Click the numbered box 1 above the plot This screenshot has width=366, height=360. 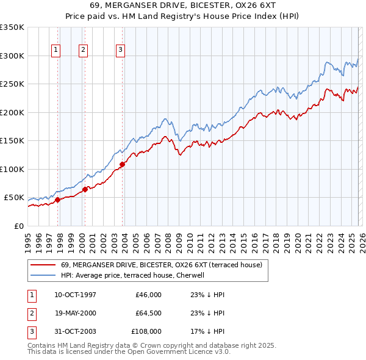(x=56, y=50)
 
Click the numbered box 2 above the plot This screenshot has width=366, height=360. (x=82, y=50)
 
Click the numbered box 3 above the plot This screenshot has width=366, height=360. (x=120, y=50)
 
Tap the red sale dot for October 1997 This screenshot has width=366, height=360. (x=57, y=200)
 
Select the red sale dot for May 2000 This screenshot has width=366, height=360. (x=85, y=189)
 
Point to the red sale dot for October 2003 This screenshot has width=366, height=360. (x=122, y=164)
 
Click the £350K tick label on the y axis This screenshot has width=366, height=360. (x=12, y=27)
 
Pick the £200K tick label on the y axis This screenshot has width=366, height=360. (x=12, y=112)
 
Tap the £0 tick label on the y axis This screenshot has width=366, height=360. (x=19, y=226)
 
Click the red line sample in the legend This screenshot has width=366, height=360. (x=43, y=265)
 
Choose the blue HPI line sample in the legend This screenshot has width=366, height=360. (x=43, y=275)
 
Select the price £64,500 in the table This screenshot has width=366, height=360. (x=148, y=313)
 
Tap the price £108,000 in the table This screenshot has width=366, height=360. (x=146, y=331)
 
